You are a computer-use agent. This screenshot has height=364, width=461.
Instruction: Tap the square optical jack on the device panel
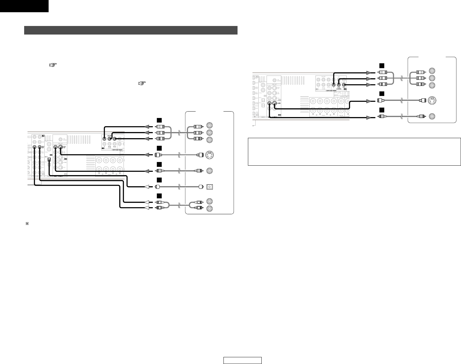pos(210,186)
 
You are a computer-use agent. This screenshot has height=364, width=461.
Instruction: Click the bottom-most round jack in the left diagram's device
pos(210,209)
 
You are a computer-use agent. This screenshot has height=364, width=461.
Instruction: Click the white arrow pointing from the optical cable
pos(148,186)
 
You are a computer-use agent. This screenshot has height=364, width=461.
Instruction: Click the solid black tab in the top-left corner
pos(24,6)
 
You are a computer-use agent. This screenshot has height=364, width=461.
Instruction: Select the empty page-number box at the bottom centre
pos(242,361)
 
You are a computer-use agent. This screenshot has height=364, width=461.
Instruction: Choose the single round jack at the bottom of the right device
pos(433,116)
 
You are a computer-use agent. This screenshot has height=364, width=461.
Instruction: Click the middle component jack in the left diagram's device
pos(210,132)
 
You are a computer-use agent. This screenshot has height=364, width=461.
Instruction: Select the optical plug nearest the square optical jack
pos(201,186)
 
